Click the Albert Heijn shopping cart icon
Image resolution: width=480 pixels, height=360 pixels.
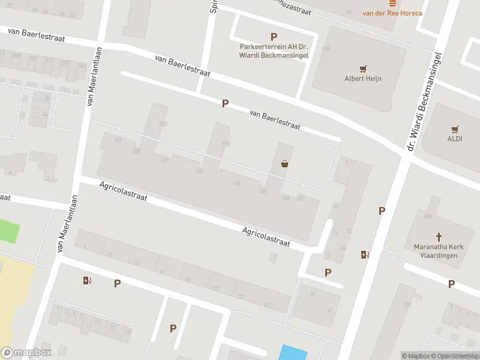362,68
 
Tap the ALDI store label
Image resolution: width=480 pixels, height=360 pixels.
454,139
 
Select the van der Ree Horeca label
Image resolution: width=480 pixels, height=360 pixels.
392,13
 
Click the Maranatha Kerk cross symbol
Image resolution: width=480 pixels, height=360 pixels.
438,236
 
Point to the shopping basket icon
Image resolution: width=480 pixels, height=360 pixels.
284,163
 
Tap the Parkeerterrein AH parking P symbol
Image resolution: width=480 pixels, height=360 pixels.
274,37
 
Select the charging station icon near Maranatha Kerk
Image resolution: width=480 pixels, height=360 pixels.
364,254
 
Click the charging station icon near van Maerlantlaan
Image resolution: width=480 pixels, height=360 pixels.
88,280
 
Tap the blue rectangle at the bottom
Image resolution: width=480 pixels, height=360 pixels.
294,352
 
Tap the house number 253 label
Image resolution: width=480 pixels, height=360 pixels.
163,124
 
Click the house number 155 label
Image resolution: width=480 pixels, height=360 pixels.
226,143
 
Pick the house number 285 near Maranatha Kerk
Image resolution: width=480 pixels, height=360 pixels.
428,216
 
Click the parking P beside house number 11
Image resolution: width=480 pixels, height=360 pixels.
381,211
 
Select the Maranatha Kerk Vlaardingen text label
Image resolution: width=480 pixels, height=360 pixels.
436,251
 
